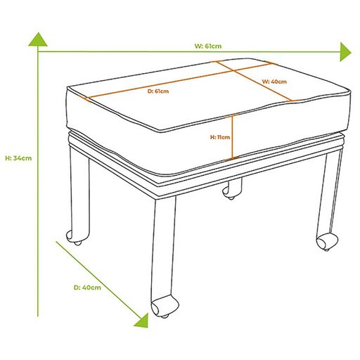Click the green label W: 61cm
208,46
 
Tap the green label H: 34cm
18,158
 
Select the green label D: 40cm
87,288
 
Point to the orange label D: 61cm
158,91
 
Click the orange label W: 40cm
274,82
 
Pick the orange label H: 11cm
220,137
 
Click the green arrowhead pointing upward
38,39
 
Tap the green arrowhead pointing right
345,52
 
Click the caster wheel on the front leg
164,307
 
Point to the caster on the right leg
326,242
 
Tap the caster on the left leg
74,238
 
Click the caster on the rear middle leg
229,193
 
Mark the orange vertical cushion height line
232,137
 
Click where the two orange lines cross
233,70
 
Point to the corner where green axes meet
38,51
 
